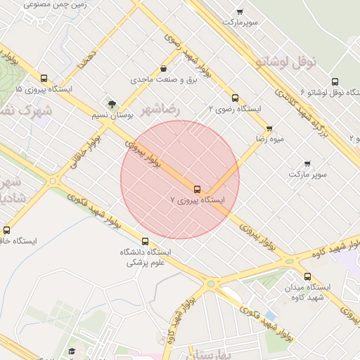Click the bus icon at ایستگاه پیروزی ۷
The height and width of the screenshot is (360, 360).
(x=197, y=188)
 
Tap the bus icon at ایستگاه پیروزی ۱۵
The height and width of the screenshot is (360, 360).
(x=44, y=79)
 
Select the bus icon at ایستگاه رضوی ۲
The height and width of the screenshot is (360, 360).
(x=235, y=98)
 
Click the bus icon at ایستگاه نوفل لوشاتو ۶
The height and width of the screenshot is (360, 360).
(x=334, y=82)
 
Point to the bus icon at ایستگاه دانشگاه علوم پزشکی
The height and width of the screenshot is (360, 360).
(x=146, y=241)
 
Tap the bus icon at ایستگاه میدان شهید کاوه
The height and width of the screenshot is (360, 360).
(x=307, y=276)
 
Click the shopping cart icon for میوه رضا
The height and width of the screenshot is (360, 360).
(x=269, y=129)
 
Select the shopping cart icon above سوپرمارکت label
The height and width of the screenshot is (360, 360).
(x=240, y=12)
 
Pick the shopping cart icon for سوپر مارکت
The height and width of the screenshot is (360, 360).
(x=307, y=163)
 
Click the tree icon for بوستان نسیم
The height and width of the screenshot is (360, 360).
(x=111, y=103)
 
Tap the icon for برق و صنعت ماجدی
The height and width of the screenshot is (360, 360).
(x=164, y=69)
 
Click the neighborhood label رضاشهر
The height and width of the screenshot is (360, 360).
(x=160, y=110)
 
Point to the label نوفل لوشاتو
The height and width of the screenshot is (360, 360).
(x=287, y=61)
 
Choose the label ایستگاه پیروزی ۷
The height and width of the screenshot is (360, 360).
(x=198, y=200)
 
